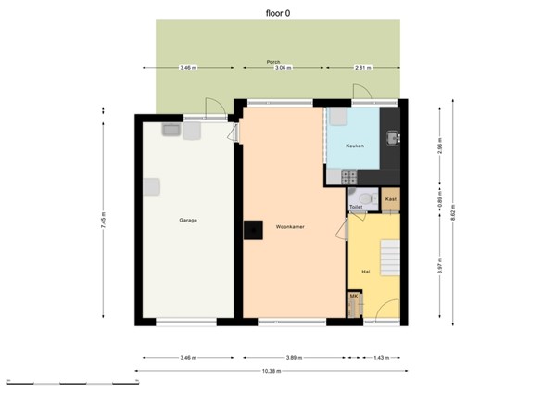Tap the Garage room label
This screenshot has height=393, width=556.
point(188,220)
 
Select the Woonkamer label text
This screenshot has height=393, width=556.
point(290,226)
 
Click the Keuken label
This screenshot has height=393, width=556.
point(355,146)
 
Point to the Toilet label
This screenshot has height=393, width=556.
point(355,207)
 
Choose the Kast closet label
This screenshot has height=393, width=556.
point(391,199)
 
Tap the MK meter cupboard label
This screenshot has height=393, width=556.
point(353,296)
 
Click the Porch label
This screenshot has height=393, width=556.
point(273,61)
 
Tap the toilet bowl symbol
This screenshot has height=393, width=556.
point(367,197)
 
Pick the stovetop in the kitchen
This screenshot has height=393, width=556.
point(349,175)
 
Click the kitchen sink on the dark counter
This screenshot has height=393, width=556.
point(393,139)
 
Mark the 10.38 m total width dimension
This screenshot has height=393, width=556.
point(271,371)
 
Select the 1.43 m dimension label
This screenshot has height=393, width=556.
point(382,357)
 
